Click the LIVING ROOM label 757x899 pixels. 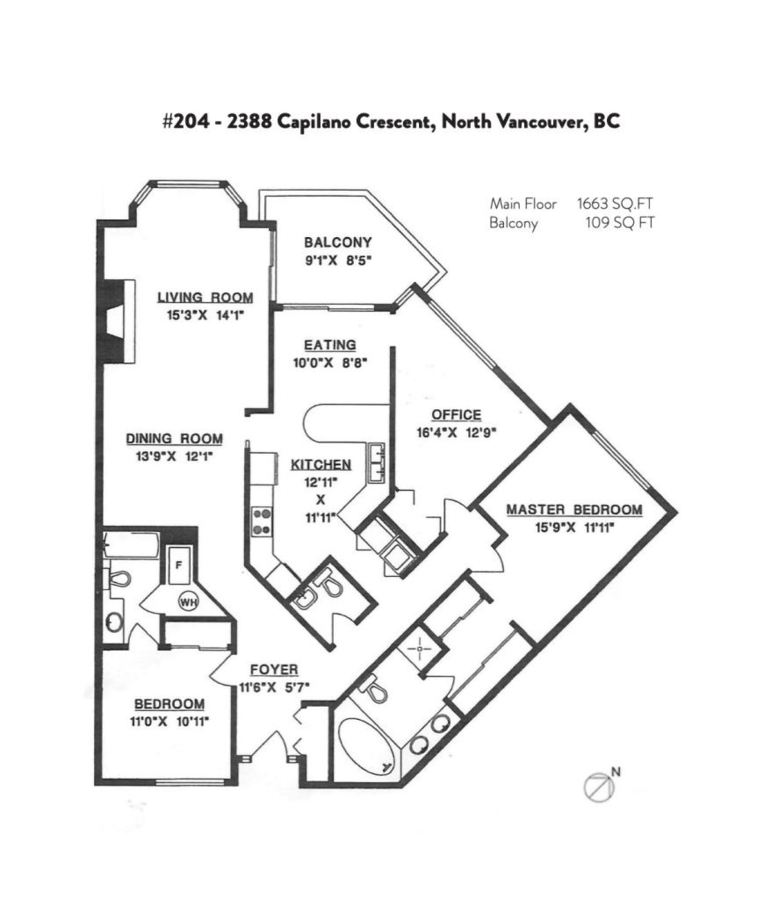tap(205, 297)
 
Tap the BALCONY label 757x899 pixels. tap(338, 242)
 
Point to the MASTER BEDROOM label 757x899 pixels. tap(574, 509)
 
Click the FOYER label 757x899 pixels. tap(274, 670)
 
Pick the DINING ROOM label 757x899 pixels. tap(175, 439)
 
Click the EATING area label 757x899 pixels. tap(329, 345)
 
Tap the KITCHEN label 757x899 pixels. tap(321, 464)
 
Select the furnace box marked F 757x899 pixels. tap(179, 565)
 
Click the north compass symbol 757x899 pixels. tap(600, 786)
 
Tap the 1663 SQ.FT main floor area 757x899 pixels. tap(615, 204)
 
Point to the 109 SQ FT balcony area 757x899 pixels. tap(619, 222)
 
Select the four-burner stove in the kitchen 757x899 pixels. tap(262, 521)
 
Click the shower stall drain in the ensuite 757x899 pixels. tap(421, 649)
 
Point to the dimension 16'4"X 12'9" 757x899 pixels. tap(456, 432)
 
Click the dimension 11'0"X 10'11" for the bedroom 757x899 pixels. tap(169, 722)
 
